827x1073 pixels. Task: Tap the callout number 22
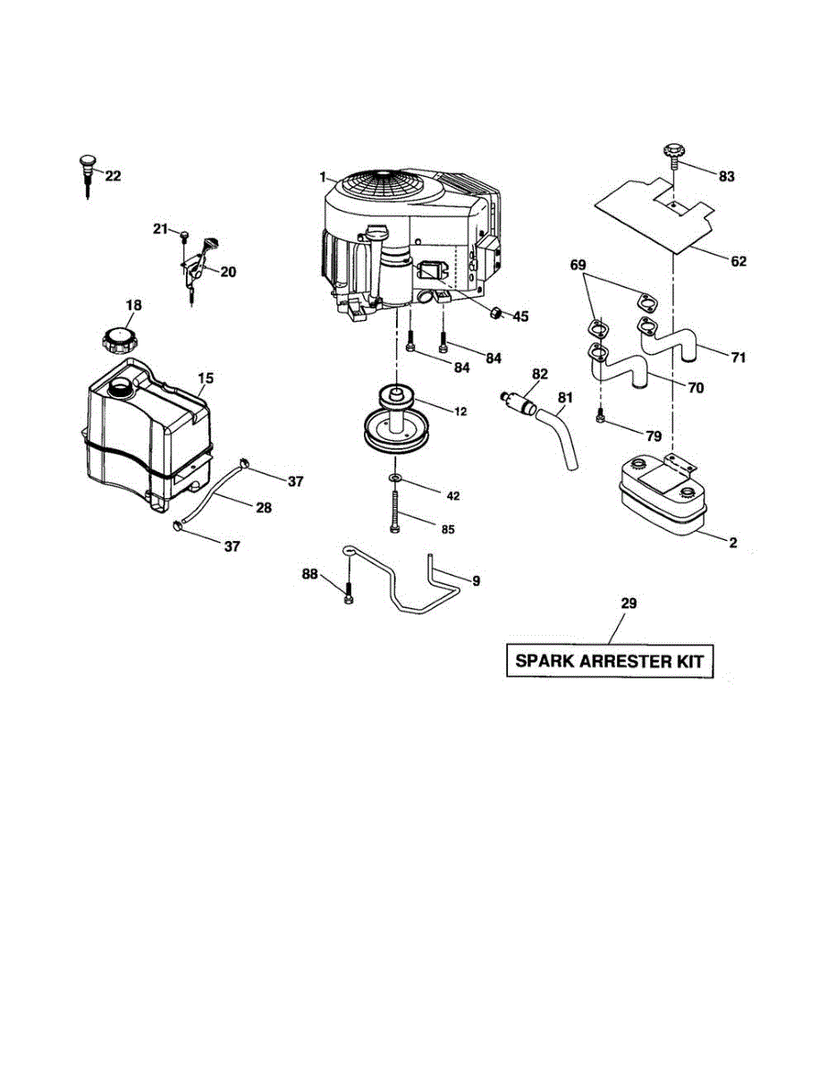click(113, 176)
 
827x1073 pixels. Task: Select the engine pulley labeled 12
click(394, 420)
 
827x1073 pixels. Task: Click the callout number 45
click(519, 316)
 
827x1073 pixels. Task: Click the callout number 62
click(738, 262)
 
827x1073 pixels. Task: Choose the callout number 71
click(738, 358)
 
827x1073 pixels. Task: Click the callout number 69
click(578, 266)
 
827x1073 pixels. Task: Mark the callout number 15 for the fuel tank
click(206, 379)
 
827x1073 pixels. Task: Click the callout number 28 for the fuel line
click(263, 507)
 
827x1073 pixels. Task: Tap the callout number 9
click(476, 581)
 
